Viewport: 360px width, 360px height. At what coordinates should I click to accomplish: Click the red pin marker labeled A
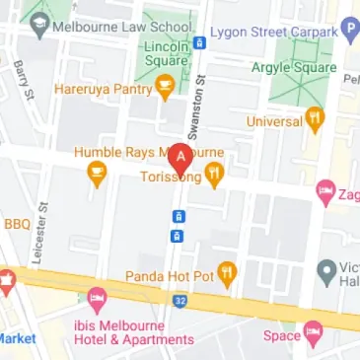pos(180,159)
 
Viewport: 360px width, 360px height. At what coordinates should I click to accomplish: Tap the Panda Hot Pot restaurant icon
pos(228,273)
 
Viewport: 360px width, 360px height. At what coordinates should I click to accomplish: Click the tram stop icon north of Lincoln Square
pos(199,41)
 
